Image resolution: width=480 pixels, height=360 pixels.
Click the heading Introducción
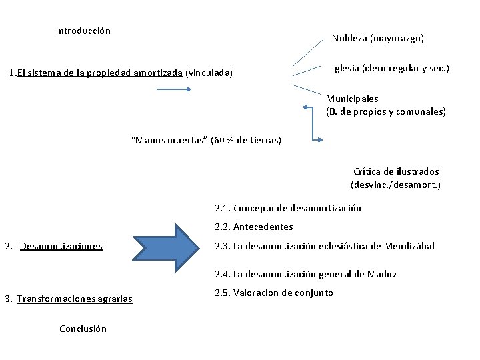83,31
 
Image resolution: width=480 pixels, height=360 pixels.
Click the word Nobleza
349,39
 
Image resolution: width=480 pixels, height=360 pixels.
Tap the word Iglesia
345,69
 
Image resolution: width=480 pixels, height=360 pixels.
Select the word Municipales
352,99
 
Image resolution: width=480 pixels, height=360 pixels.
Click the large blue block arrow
166,246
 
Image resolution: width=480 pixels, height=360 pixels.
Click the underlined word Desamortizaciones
61,246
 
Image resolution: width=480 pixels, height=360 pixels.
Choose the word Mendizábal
409,246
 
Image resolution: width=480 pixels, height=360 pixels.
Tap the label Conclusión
83,329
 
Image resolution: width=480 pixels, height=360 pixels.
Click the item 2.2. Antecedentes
254,227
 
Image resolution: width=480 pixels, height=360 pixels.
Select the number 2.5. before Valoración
223,293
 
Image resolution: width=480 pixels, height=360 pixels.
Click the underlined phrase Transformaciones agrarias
75,299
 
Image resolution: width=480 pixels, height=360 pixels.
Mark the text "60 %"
223,140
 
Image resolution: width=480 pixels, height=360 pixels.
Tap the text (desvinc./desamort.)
395,185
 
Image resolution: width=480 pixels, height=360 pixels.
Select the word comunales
421,111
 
